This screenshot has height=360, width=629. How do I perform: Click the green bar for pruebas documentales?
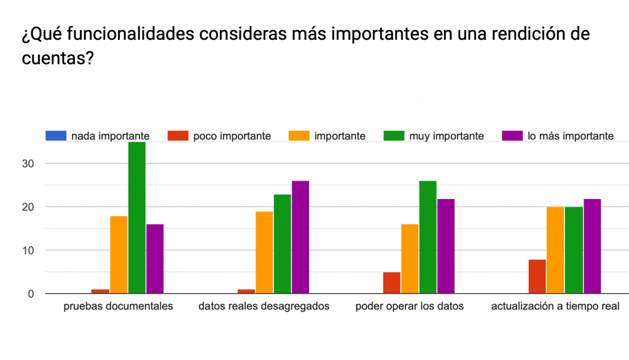pos(137,217)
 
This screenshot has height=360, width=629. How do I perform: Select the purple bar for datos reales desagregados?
pos(301,237)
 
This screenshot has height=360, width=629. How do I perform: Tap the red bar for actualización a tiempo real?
pos(537,276)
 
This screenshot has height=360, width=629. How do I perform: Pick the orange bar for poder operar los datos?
pos(410,259)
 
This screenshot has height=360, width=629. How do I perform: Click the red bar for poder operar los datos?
pos(392,283)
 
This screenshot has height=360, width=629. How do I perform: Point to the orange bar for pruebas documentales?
pos(119,254)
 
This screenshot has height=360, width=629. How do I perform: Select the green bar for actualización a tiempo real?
pos(574,250)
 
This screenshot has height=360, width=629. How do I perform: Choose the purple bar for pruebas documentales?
pos(155,259)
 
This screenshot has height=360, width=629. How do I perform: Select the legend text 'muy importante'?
pos(446,136)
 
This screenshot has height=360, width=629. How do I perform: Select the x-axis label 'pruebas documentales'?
pos(119,306)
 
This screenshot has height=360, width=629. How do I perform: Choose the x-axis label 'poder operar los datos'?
pos(410,306)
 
